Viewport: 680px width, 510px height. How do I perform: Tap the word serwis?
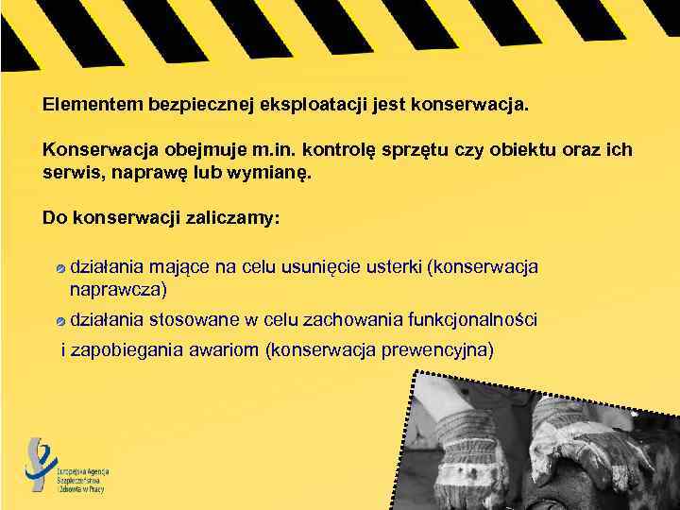pos(69,174)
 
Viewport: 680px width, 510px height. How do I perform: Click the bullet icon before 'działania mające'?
pos(61,268)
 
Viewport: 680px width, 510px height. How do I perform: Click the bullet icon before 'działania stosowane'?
pos(61,321)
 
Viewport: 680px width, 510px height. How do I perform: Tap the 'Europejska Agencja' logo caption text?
pos(83,470)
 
